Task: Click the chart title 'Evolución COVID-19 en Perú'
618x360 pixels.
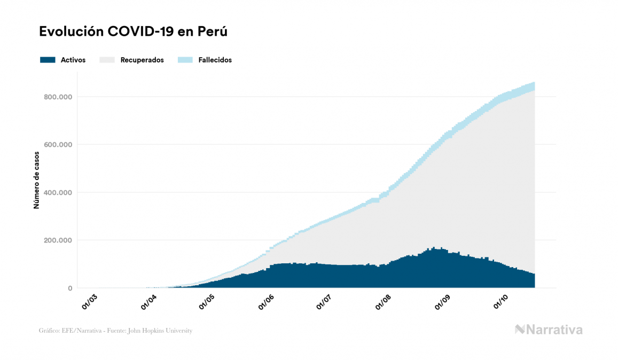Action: tap(133, 32)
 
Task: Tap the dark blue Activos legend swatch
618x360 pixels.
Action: tap(48, 60)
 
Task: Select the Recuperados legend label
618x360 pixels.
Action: tap(142, 60)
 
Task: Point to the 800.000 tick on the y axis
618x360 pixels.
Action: tap(58, 97)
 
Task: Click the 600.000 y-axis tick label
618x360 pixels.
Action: tap(58, 145)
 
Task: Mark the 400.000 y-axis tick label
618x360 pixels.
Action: tap(58, 192)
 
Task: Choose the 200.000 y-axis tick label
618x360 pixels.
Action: tap(58, 240)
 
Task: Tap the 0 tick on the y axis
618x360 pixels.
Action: tap(70, 288)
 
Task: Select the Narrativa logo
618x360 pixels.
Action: tap(549, 330)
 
